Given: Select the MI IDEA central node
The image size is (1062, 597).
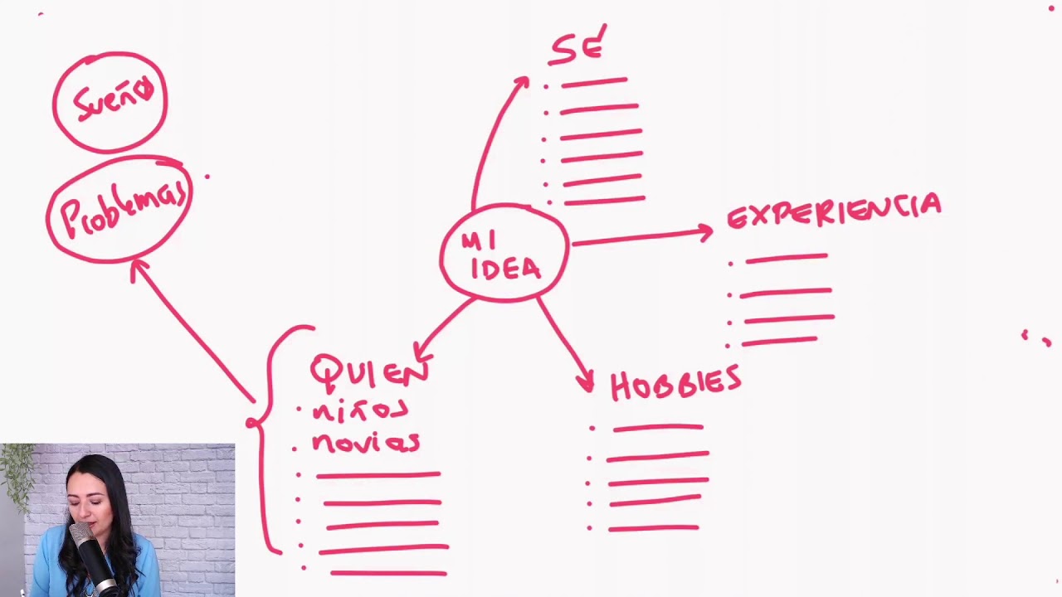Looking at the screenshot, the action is (x=504, y=253).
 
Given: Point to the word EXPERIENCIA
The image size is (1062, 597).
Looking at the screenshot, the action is (x=835, y=211).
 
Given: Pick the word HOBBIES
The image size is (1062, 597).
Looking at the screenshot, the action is (x=675, y=383).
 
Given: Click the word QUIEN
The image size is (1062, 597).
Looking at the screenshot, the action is (x=370, y=373).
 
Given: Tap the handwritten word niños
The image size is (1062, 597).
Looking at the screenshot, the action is (x=360, y=410).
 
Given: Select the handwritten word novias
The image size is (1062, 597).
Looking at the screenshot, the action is (x=366, y=443).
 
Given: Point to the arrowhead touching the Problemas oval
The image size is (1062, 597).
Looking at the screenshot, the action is (x=139, y=269).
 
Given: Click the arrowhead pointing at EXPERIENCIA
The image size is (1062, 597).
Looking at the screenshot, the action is (x=705, y=232).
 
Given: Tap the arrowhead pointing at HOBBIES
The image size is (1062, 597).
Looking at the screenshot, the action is (x=586, y=382).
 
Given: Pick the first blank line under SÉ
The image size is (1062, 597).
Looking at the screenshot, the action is (x=595, y=82).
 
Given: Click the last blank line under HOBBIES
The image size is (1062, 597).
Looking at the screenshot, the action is (x=654, y=528).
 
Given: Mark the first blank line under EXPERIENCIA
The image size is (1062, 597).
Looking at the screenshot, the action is (x=787, y=258).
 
